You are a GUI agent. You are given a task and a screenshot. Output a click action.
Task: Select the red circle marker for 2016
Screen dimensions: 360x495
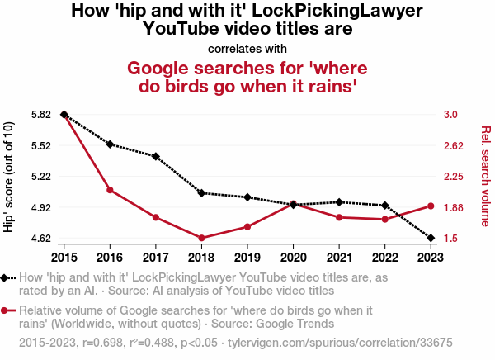tap(110, 190)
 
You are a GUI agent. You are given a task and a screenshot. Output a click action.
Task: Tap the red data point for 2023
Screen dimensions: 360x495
tap(431, 206)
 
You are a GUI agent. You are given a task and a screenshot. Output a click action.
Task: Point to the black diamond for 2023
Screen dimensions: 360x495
tap(431, 238)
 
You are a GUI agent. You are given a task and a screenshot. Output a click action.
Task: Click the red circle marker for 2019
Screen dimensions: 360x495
tap(247, 226)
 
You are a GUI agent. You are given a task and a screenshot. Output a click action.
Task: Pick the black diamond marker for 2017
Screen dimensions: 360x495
tap(156, 156)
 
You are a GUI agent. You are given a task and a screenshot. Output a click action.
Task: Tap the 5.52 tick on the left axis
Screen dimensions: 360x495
tap(40, 145)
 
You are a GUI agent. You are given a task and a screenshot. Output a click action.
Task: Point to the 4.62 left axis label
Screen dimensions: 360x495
tap(40, 239)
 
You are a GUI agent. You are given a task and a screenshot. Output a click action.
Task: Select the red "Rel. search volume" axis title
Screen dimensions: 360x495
tap(485, 176)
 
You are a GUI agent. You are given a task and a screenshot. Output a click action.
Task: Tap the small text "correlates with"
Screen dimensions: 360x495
tap(247, 48)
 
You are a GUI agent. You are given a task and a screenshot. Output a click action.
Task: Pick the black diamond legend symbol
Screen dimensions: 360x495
tap(7, 278)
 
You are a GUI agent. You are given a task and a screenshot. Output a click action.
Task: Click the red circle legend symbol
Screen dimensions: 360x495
tap(7, 310)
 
